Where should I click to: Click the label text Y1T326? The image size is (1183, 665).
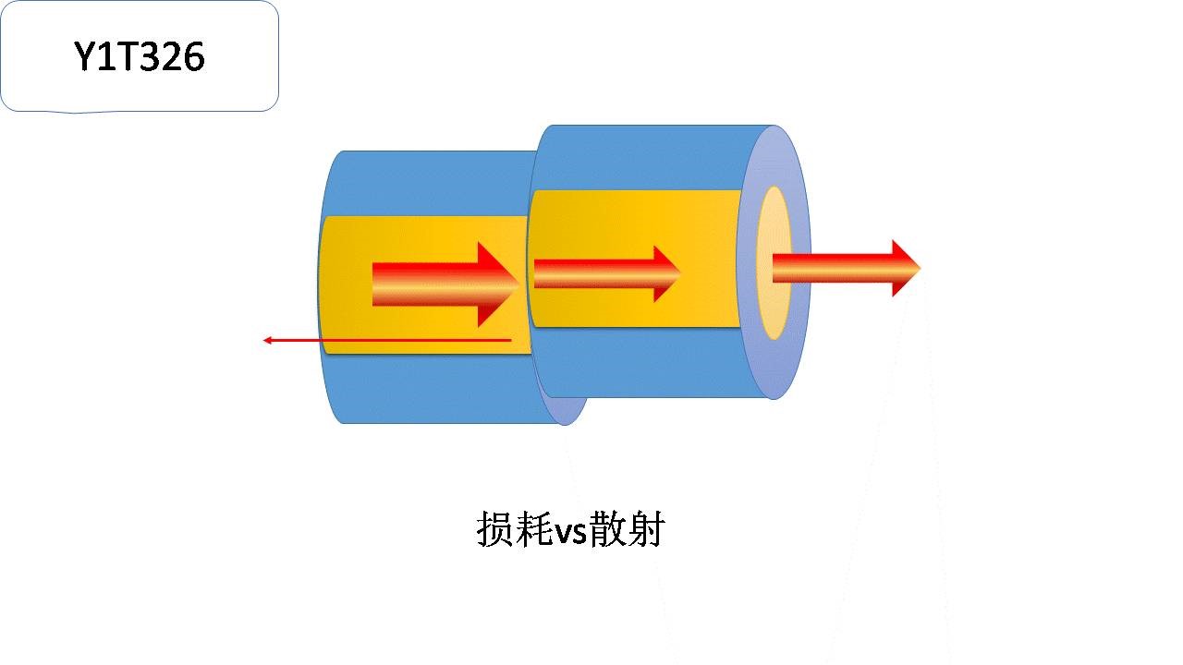point(140,57)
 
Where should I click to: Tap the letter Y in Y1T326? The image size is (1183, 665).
point(85,57)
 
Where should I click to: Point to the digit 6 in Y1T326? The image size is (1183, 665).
point(192,57)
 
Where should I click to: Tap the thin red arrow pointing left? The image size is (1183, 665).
point(388,341)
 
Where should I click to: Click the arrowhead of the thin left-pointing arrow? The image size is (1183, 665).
point(268,341)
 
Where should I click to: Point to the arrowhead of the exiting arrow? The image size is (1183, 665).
point(905,268)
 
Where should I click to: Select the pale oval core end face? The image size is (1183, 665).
point(773,262)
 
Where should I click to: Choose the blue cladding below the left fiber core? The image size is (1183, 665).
point(425,388)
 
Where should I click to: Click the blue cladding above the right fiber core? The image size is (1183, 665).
point(638,157)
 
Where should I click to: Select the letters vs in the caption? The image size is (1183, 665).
point(570,533)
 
